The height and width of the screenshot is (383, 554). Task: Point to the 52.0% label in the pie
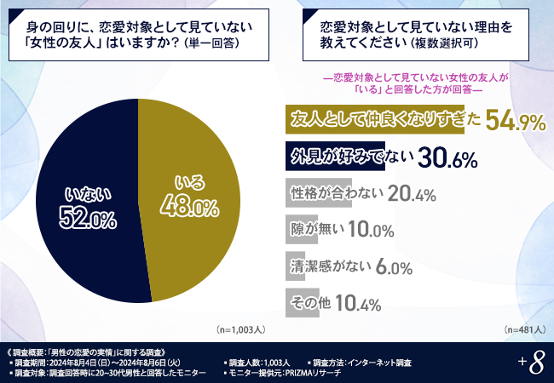[x=87, y=220]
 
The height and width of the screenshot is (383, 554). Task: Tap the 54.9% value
[x=516, y=123]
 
